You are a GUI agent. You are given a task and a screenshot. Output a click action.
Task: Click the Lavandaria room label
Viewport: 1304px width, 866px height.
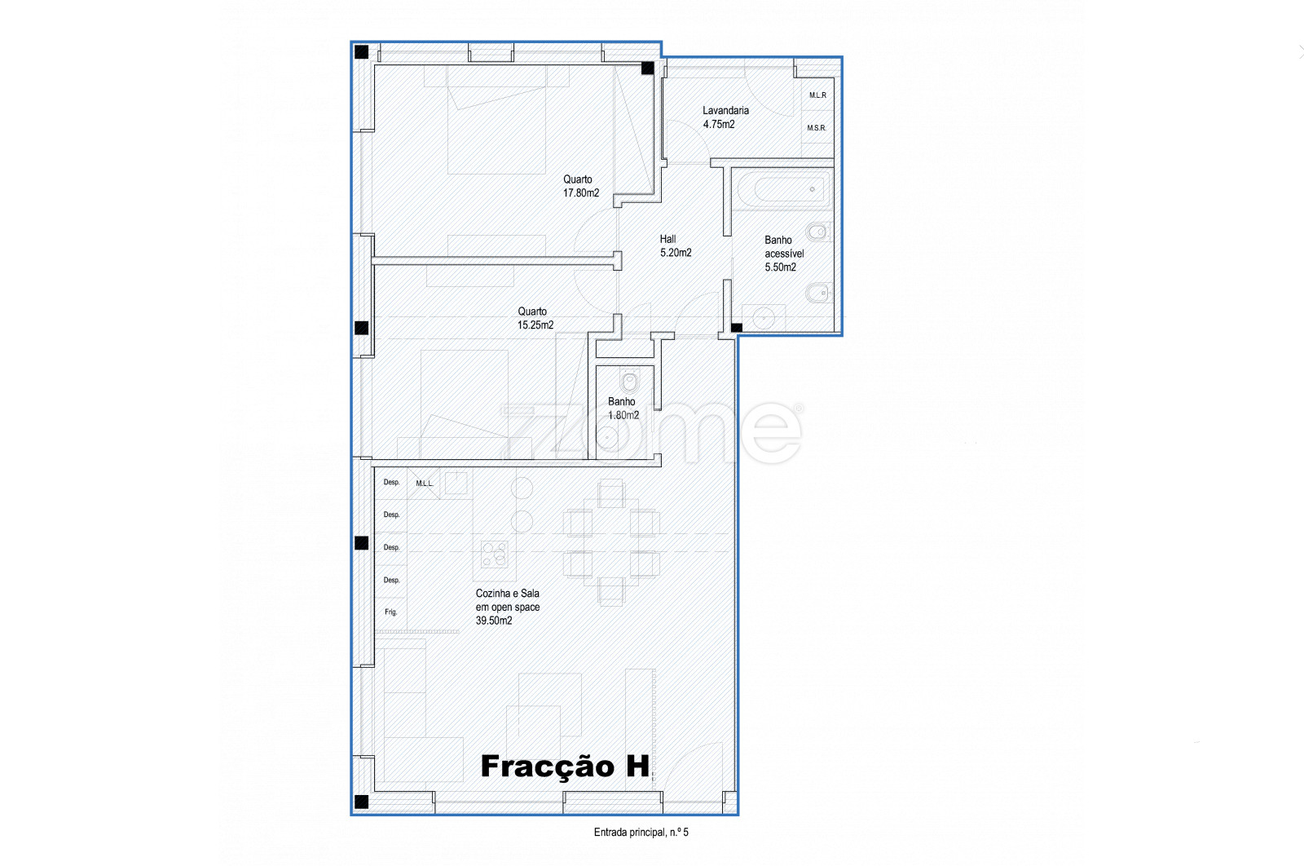725,110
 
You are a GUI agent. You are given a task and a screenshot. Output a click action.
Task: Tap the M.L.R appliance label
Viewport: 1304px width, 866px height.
817,95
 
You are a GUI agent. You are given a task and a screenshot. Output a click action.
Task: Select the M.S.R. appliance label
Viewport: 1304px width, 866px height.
816,127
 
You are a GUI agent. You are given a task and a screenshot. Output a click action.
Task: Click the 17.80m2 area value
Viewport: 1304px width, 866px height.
580,192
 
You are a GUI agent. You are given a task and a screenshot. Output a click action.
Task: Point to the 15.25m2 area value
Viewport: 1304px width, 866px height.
535,325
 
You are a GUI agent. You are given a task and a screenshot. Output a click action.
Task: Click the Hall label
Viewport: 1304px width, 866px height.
667,239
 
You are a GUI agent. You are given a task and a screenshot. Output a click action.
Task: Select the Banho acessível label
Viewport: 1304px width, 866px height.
783,247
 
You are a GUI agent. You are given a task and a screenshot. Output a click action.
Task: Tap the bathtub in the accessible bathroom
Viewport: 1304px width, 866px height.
782,189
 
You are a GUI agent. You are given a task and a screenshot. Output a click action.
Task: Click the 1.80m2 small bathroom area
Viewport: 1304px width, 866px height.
623,415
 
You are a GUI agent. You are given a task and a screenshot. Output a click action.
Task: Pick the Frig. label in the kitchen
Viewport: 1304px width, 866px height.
390,612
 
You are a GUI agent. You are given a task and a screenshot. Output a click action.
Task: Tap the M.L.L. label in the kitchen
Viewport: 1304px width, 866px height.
425,484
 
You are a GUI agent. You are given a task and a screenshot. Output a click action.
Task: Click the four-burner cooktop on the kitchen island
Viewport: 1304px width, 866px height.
494,554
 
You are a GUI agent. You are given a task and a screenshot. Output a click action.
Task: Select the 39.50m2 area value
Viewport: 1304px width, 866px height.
494,621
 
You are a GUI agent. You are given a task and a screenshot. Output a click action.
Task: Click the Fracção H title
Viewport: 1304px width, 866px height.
565,767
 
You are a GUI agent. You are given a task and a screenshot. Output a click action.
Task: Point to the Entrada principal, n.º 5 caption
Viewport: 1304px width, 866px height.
641,833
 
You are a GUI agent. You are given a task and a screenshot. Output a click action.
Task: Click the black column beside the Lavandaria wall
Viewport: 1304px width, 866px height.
647,68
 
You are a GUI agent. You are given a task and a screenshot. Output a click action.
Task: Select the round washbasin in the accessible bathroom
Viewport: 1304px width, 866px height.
763,318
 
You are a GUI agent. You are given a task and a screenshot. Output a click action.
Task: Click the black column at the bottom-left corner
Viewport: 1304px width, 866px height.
362,802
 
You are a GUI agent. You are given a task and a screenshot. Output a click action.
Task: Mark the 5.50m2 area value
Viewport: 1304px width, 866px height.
780,267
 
